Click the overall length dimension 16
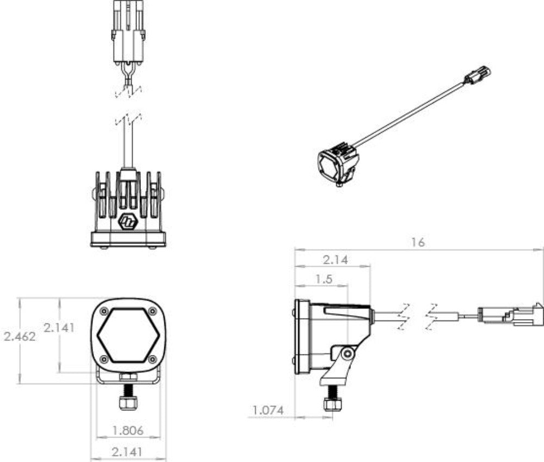tap(418, 242)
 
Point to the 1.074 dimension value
tap(268, 410)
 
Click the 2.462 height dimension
tap(20, 336)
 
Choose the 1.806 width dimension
tap(128, 430)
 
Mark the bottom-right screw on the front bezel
tap(152, 359)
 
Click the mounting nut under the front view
tap(128, 402)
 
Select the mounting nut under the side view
tap(331, 404)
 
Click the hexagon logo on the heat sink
tap(128, 221)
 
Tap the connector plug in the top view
tap(128, 33)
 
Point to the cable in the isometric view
tap(413, 115)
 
